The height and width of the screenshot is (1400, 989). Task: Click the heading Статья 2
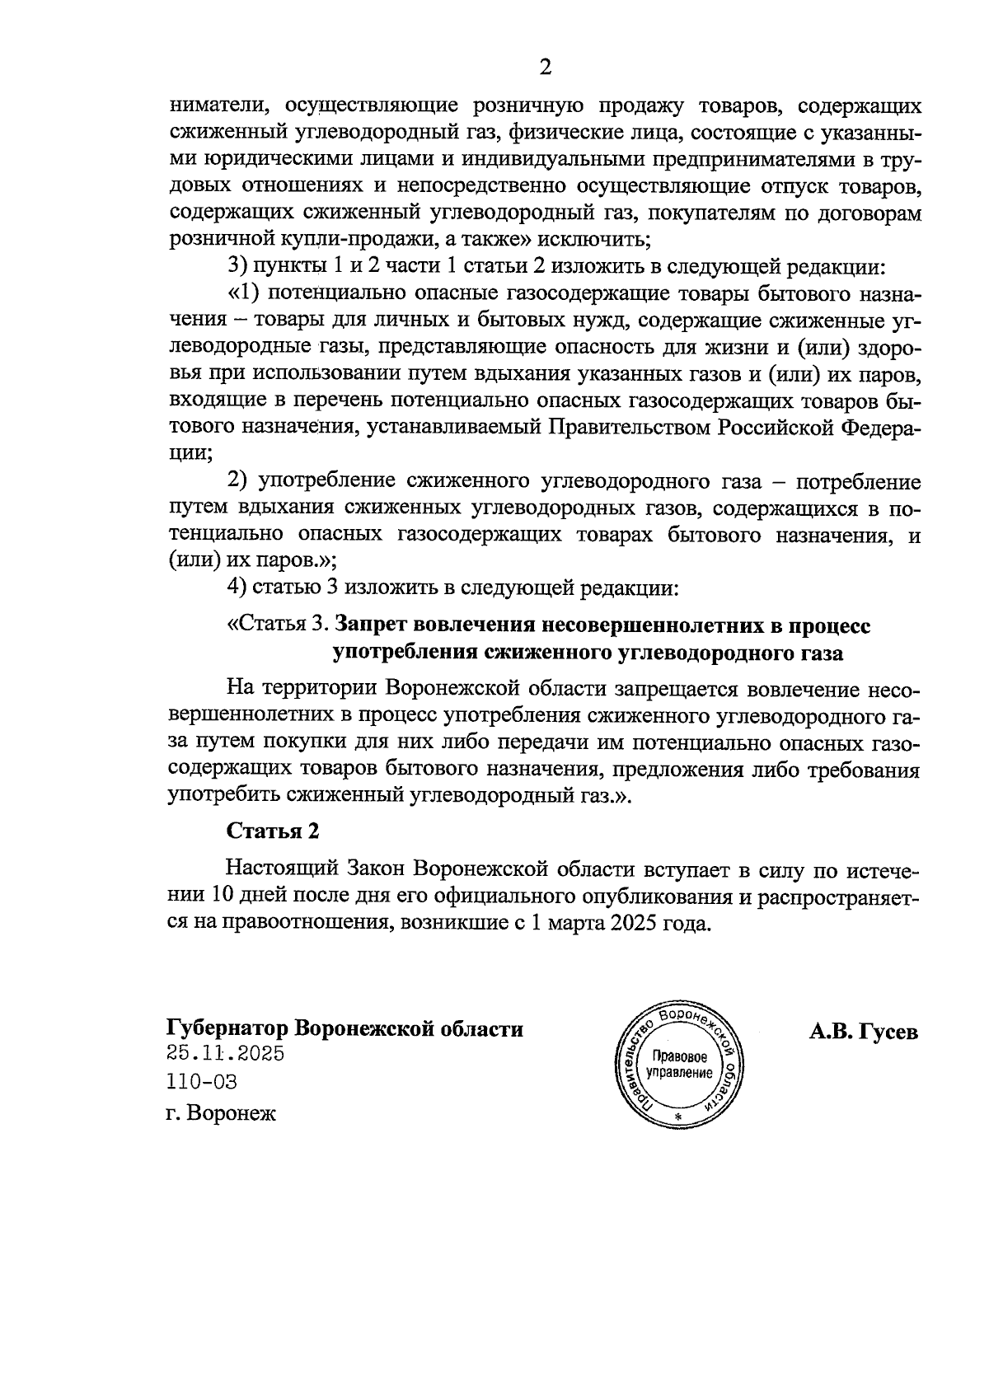click(272, 831)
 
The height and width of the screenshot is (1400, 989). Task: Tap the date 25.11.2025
click(225, 1054)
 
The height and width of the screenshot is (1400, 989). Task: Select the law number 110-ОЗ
click(201, 1082)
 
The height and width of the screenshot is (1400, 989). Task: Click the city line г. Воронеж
click(222, 1114)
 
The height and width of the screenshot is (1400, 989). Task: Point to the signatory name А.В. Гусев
click(863, 1032)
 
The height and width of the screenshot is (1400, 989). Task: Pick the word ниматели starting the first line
click(210, 106)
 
